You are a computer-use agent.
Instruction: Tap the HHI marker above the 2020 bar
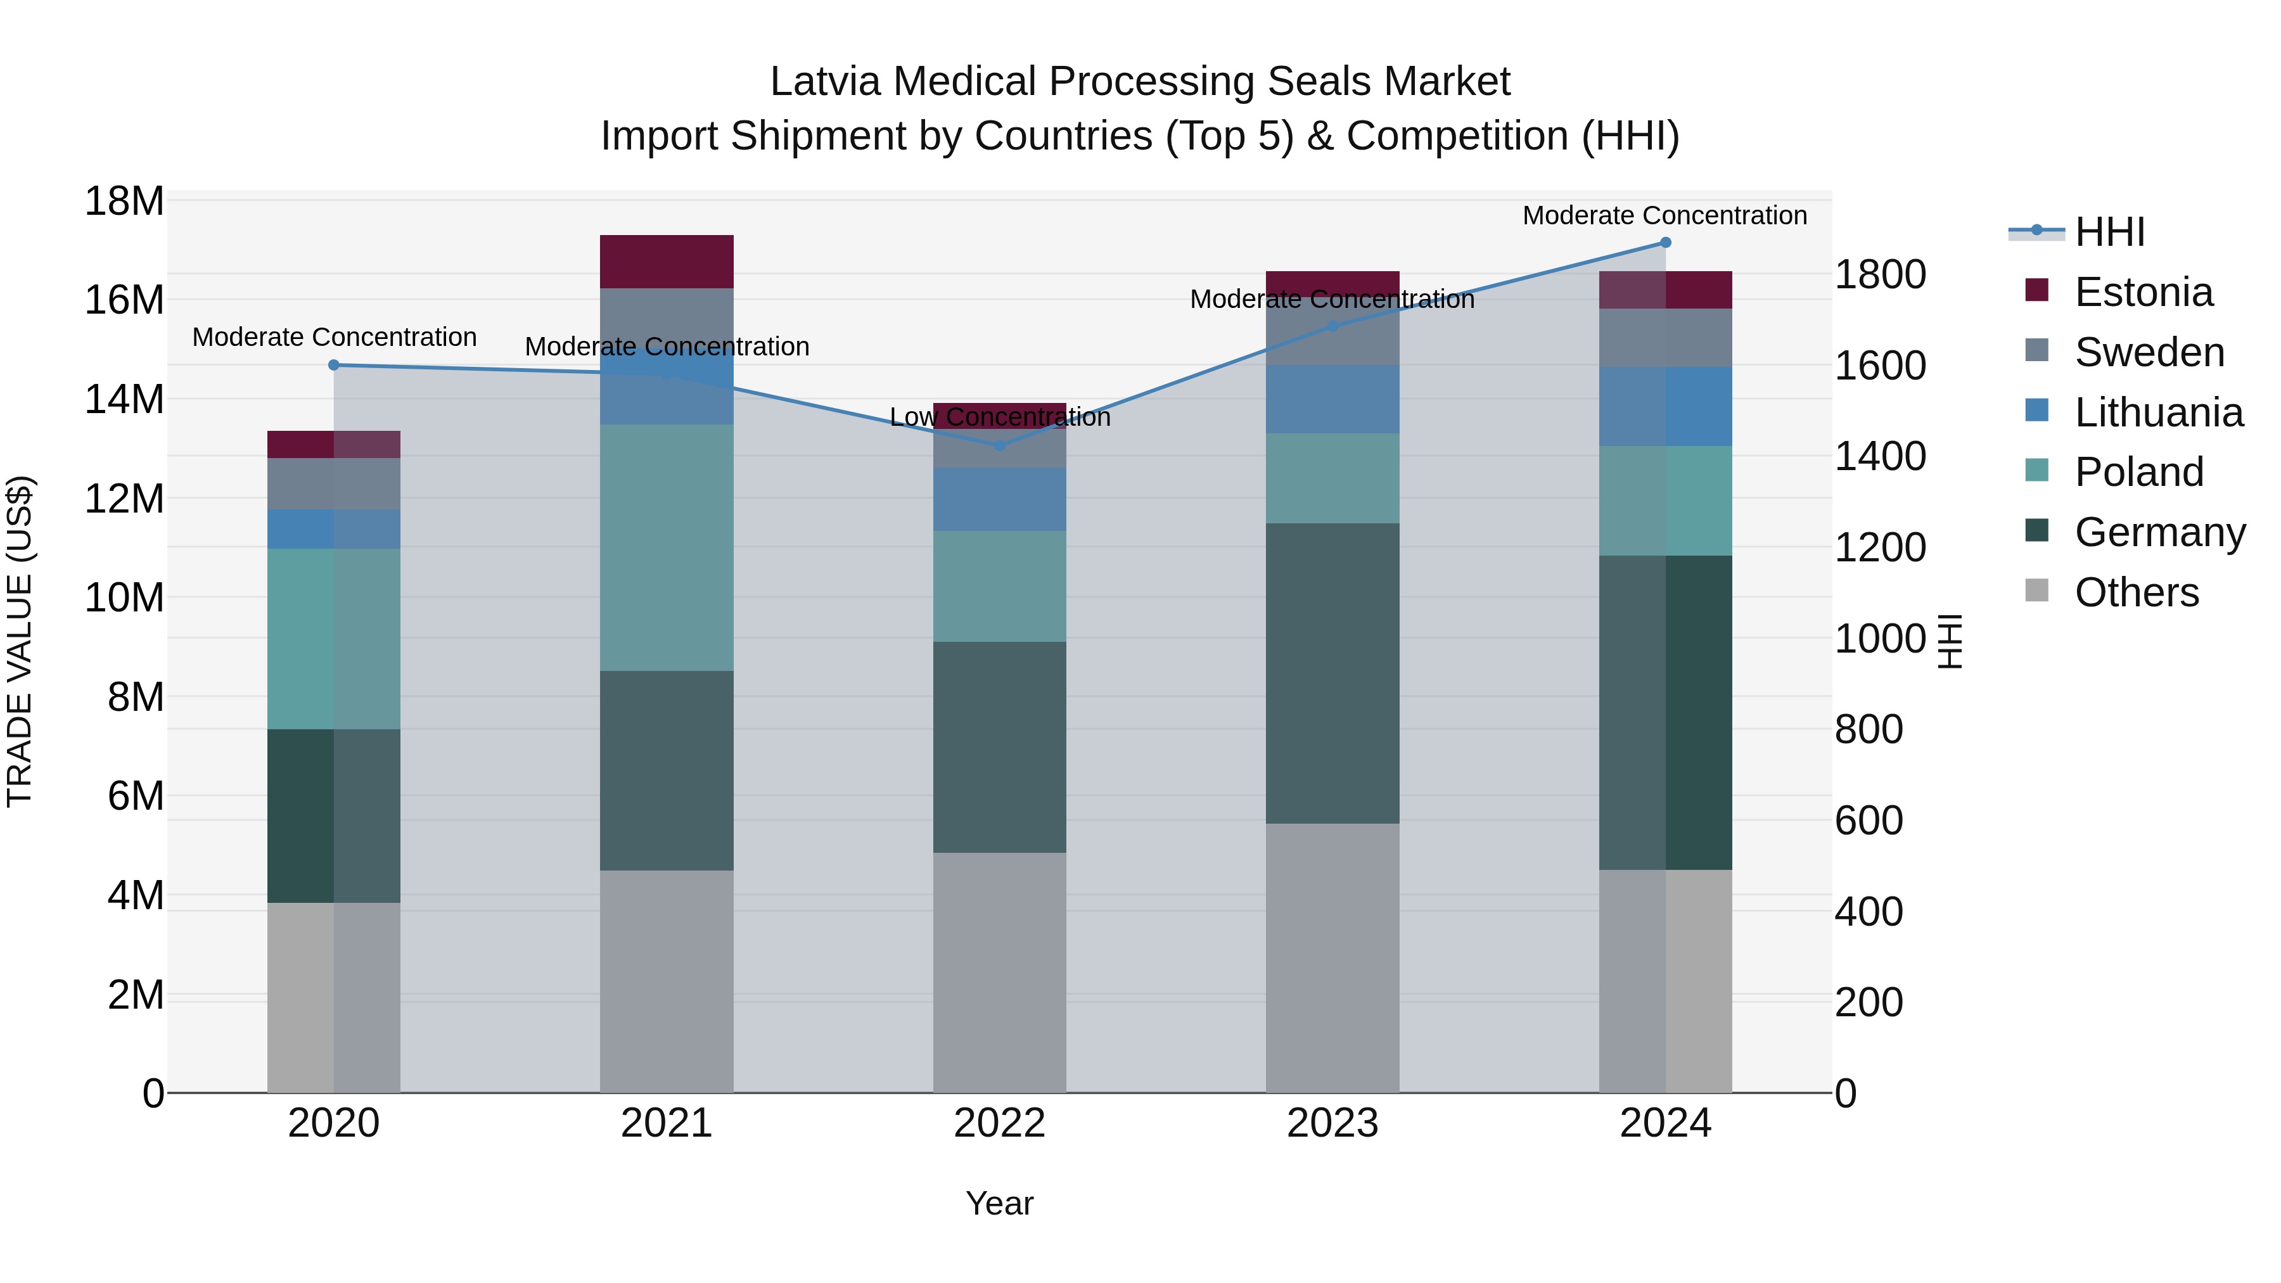334,365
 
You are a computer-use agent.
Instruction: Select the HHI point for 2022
1000,445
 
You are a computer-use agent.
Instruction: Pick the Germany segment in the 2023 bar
1332,673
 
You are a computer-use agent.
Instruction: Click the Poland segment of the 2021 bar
667,547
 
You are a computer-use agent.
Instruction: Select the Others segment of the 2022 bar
1000,972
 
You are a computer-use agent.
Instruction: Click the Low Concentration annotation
1000,417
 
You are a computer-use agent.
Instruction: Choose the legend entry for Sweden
2149,352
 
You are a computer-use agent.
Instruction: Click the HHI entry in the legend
2109,232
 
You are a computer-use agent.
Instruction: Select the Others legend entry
2136,592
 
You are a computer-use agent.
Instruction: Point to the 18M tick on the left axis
124,202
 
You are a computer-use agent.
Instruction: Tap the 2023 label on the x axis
1332,1123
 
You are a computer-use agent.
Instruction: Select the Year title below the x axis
1000,1203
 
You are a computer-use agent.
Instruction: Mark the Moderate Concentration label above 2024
1664,215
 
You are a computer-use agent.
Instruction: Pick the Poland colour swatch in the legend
2036,470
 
